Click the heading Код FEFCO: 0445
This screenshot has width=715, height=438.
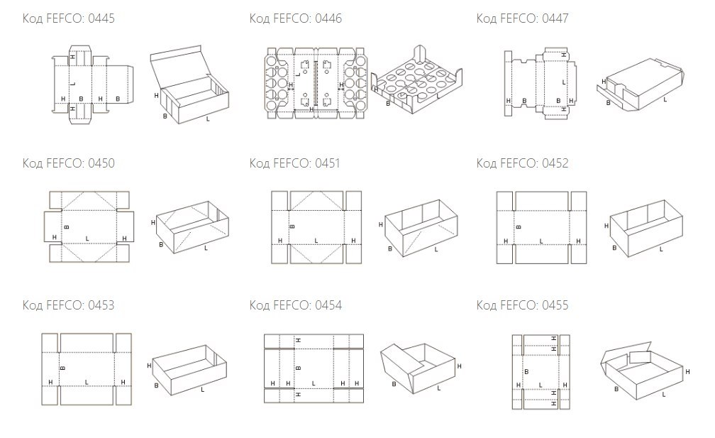tap(68, 18)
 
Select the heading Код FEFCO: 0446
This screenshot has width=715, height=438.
tap(296, 18)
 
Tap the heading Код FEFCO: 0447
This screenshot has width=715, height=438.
tap(523, 18)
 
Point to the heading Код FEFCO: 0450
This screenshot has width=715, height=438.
tap(68, 163)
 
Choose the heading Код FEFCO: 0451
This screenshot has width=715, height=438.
tap(294, 163)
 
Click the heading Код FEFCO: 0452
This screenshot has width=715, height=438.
tap(523, 163)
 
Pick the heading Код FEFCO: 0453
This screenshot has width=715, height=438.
tap(68, 305)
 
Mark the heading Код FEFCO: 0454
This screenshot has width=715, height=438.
tap(296, 305)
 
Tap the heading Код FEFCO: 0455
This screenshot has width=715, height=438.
tap(523, 305)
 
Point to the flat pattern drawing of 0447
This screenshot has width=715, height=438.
tap(541, 82)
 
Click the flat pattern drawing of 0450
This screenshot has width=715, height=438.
tap(89, 226)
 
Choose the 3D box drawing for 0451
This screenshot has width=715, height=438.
tap(421, 228)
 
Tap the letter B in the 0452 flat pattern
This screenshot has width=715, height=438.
tap(519, 226)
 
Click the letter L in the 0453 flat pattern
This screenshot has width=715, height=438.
tap(87, 382)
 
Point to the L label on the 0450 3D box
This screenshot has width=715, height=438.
tap(206, 248)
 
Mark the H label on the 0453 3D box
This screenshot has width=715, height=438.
tap(149, 366)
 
